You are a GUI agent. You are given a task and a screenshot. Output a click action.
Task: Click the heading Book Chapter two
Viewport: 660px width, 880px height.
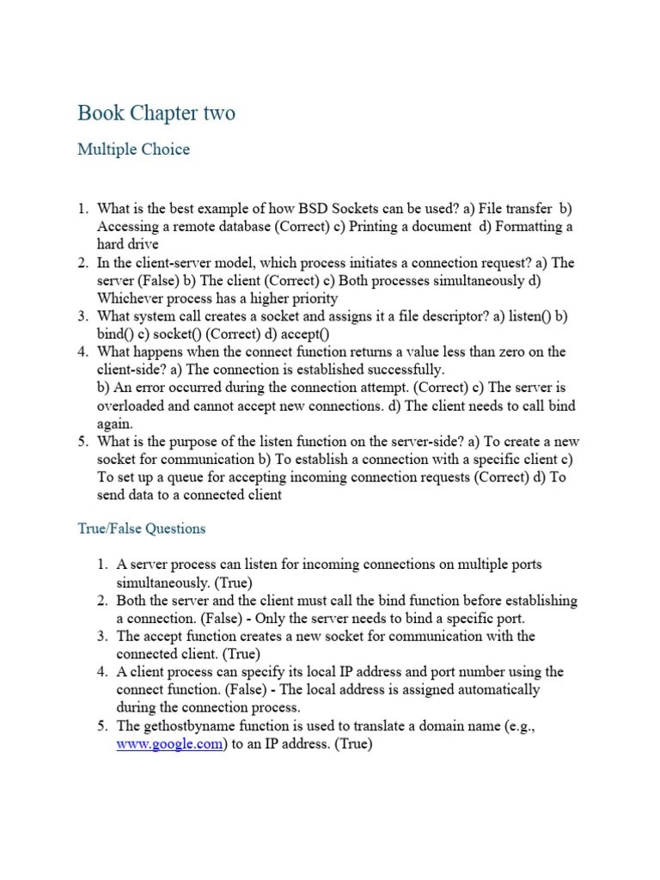click(x=156, y=113)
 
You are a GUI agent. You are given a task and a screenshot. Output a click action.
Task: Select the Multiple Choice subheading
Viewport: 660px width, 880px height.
click(x=133, y=150)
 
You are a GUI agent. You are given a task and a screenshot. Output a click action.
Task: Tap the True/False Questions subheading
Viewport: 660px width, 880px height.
click(x=142, y=529)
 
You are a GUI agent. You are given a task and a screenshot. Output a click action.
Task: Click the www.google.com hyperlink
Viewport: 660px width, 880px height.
click(x=170, y=744)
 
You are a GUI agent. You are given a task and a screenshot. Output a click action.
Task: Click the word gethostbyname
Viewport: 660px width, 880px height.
click(x=190, y=726)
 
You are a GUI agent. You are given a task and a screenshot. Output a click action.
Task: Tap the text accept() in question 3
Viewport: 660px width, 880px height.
click(x=309, y=334)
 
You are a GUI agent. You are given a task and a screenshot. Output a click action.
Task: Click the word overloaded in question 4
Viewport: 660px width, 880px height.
click(x=131, y=406)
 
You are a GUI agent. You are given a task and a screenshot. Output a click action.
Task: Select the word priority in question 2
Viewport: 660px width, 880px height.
click(x=312, y=298)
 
